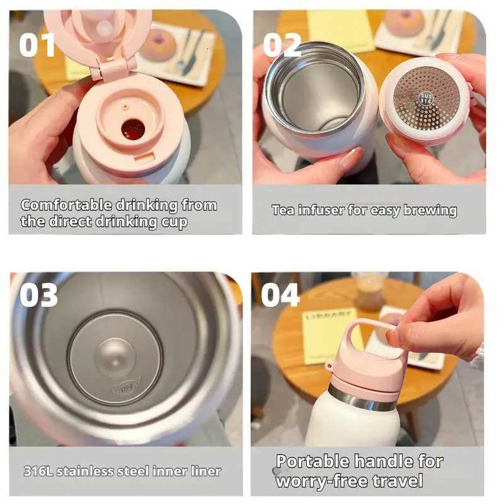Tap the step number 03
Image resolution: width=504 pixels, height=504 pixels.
38,295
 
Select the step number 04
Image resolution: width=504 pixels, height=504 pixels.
280,294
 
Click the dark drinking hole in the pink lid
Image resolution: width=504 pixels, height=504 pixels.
133,129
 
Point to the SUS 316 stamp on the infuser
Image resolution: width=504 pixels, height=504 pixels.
426,98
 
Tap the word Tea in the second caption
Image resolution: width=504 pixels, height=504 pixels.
283,210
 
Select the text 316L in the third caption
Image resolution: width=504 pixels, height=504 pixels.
37,471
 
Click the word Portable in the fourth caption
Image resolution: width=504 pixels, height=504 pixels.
312,462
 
